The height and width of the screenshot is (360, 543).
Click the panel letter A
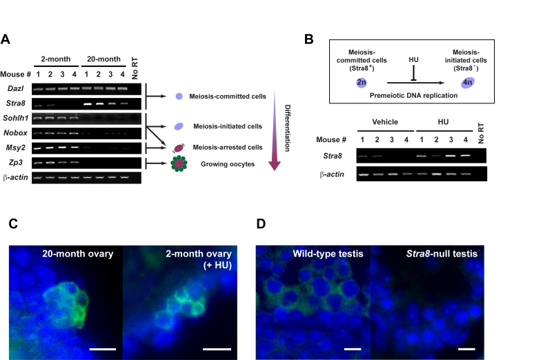(6, 39)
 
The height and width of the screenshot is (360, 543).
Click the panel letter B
(309, 39)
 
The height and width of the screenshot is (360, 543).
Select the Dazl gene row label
(16, 88)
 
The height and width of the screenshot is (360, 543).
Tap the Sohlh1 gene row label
(16, 118)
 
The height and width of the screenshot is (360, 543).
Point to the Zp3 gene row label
(16, 162)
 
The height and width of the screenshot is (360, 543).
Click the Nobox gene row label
(16, 133)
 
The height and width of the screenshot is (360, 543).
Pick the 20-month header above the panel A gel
(103, 59)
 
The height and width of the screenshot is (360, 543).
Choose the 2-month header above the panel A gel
(56, 59)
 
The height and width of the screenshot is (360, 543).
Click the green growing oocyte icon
(179, 163)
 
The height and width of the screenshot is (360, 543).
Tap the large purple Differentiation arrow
(275, 130)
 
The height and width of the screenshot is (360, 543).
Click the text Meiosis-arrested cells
(228, 148)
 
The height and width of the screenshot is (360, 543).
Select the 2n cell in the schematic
(361, 82)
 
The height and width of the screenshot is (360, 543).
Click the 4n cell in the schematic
(468, 82)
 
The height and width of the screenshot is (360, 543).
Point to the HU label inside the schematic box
(413, 60)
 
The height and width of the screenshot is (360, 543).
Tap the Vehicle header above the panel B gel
(385, 122)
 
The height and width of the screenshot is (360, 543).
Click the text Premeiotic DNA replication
(413, 96)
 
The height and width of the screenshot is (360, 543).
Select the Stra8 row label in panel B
(333, 156)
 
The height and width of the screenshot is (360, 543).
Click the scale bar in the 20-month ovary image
(103, 349)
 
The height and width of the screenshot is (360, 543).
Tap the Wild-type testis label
(328, 254)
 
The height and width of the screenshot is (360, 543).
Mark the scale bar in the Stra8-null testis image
(466, 349)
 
